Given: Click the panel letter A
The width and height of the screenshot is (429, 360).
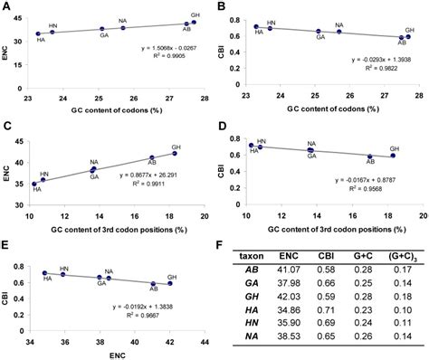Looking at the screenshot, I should click(6, 6).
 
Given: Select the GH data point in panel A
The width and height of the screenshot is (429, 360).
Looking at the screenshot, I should click(194, 22).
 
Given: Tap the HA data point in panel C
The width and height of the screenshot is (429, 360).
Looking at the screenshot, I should click(36, 183).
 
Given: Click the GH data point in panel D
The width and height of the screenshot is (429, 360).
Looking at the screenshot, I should click(393, 156).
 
